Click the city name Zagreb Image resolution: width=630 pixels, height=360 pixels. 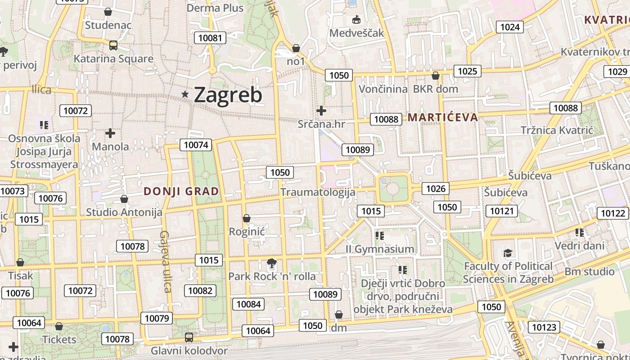point(228,95)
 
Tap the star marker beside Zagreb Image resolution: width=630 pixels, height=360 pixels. point(185,94)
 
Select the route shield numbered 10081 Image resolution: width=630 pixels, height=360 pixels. point(210,38)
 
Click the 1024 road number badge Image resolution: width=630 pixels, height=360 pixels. point(510,27)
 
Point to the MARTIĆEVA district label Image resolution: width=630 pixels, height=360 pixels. point(442,117)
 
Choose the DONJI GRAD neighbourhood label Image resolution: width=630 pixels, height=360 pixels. point(181,191)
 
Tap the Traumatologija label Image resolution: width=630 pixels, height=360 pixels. point(318,192)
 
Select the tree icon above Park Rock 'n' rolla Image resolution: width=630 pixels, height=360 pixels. point(271,263)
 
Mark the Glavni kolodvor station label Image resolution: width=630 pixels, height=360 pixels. point(189,351)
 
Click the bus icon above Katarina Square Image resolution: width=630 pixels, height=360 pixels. point(113,45)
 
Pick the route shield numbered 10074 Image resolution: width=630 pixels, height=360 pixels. point(196,145)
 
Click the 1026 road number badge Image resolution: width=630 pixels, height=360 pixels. point(436,189)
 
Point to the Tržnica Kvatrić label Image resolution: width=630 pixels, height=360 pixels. point(557,130)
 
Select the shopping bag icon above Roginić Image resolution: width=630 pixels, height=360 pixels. point(246,219)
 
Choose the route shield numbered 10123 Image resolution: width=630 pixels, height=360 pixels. point(544,327)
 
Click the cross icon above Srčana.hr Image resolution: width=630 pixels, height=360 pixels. point(321,110)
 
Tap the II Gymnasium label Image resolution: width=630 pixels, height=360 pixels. point(380,249)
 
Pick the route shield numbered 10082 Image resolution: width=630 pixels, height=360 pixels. point(200,291)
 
